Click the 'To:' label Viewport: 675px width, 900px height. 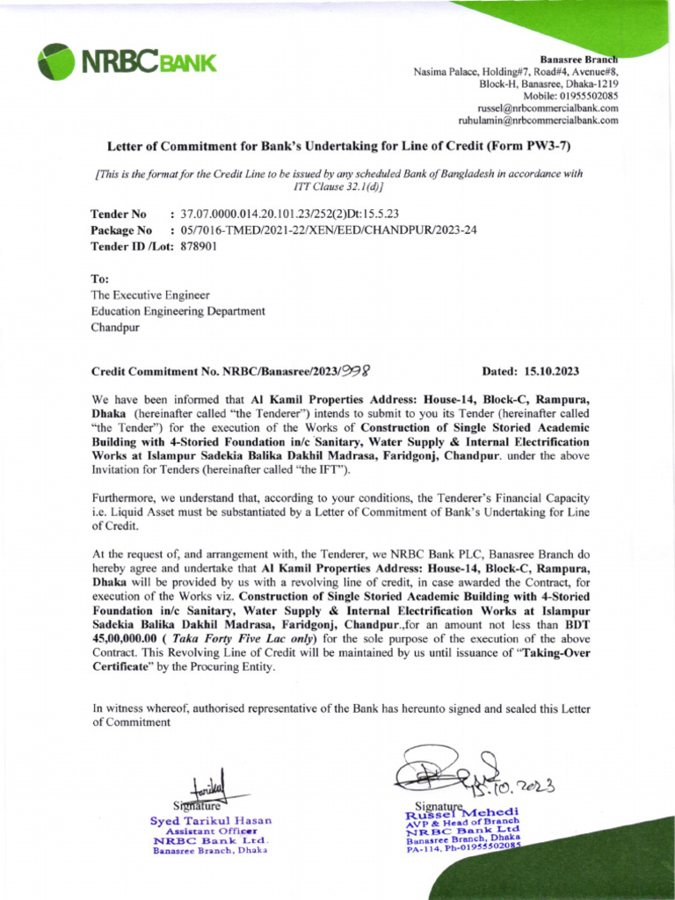coord(99,279)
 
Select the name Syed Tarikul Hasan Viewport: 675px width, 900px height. coord(211,821)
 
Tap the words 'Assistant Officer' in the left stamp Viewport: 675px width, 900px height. coord(212,831)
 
